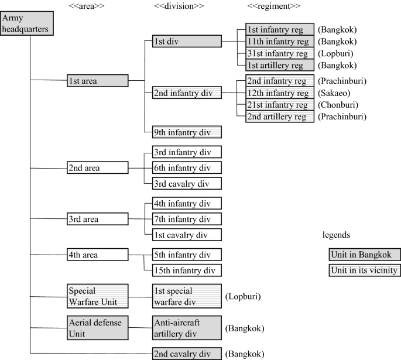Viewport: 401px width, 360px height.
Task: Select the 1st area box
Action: click(97, 81)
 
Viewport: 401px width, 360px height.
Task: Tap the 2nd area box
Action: click(97, 168)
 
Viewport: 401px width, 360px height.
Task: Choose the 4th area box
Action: click(97, 255)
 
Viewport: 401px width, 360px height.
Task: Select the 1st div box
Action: click(187, 41)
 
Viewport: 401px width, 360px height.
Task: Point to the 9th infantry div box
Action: click(187, 132)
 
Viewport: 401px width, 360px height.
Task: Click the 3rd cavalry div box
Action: click(187, 183)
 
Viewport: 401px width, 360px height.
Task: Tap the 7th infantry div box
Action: click(187, 220)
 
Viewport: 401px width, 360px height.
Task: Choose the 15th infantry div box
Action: click(187, 270)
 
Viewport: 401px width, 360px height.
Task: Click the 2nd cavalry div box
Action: click(187, 354)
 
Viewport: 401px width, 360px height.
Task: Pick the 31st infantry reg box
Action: click(277, 53)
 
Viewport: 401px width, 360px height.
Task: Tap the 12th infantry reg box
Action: click(277, 93)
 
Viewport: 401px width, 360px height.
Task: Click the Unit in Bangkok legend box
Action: click(364, 254)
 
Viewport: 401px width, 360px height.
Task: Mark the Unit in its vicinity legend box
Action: click(364, 270)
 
